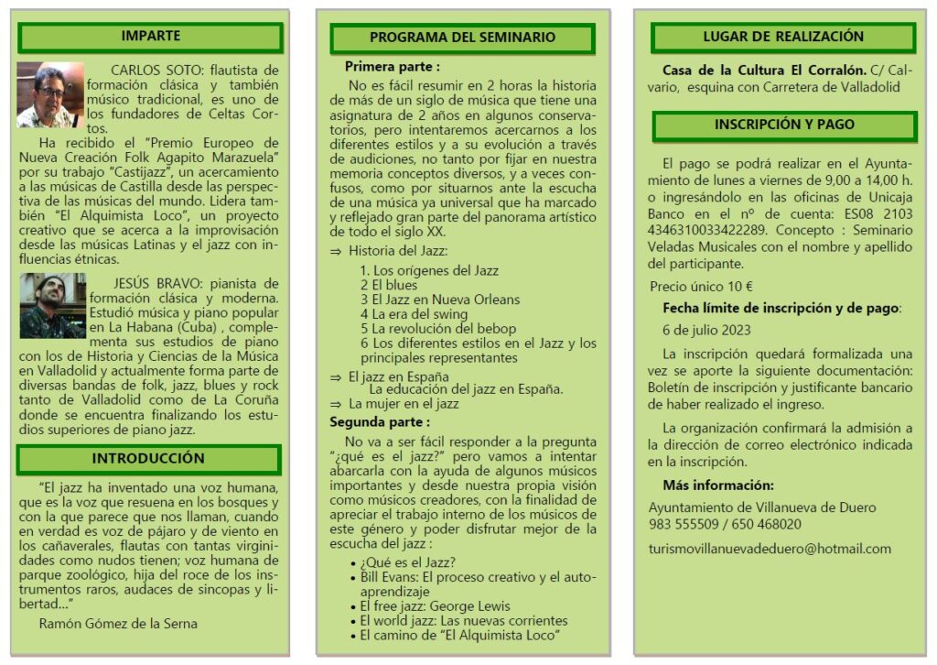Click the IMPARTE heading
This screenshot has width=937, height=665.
click(x=151, y=37)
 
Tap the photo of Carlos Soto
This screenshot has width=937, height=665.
click(x=49, y=94)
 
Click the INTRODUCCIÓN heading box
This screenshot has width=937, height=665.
click(x=148, y=459)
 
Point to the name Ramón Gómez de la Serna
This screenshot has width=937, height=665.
click(x=118, y=624)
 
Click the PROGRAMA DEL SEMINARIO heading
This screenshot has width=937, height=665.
click(x=462, y=38)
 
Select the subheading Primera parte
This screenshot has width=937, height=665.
click(x=392, y=66)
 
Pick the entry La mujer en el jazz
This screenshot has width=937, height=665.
click(x=404, y=403)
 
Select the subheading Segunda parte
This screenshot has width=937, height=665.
click(x=380, y=422)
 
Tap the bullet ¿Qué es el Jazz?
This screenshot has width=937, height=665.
click(x=408, y=562)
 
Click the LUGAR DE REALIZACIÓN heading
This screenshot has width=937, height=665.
click(x=783, y=37)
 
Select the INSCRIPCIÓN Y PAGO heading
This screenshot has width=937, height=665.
click(x=784, y=125)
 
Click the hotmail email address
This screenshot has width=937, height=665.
click(x=769, y=549)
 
